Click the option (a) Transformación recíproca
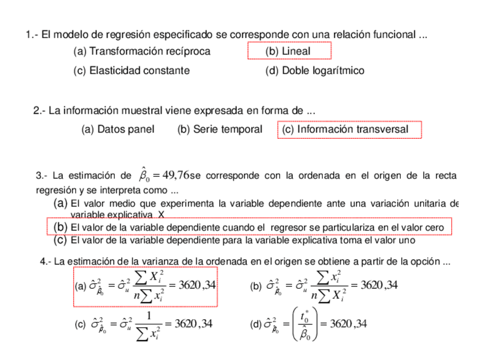tap(142, 52)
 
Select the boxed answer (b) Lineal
tap(288, 52)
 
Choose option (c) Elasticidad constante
tap(131, 71)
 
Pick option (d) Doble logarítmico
tap(314, 71)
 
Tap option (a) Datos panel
tap(118, 130)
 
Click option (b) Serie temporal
tap(220, 130)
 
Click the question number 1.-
tap(32, 35)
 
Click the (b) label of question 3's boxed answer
tap(61, 228)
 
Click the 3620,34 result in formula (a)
tap(196, 285)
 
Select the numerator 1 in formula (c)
tap(149, 316)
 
